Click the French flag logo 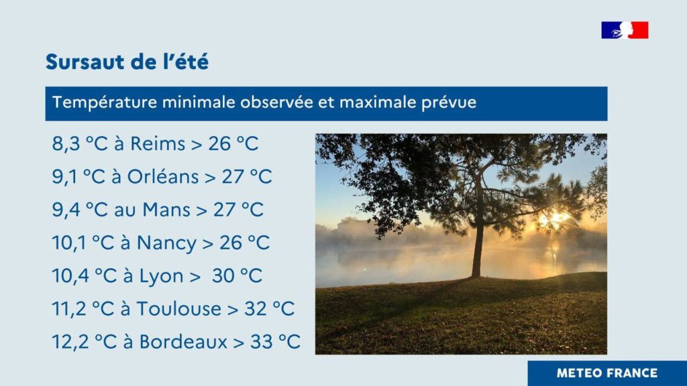(x=625, y=30)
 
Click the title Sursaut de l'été (x=127, y=62)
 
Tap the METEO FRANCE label (x=606, y=373)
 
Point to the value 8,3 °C (x=80, y=144)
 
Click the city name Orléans (x=163, y=177)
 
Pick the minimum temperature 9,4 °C (x=80, y=210)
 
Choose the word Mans (x=166, y=210)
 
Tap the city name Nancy (x=166, y=243)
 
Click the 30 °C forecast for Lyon (x=237, y=276)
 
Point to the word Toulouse (x=178, y=309)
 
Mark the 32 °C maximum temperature (x=270, y=309)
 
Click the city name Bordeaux (x=183, y=342)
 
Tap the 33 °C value (x=275, y=342)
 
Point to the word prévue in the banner (x=449, y=103)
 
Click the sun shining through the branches (x=553, y=218)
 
